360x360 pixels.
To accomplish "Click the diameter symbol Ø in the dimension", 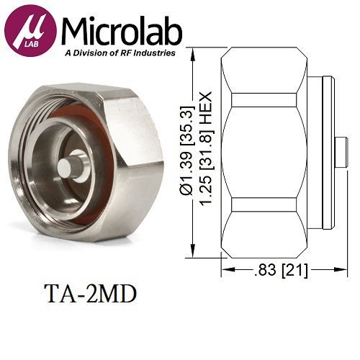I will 185,189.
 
